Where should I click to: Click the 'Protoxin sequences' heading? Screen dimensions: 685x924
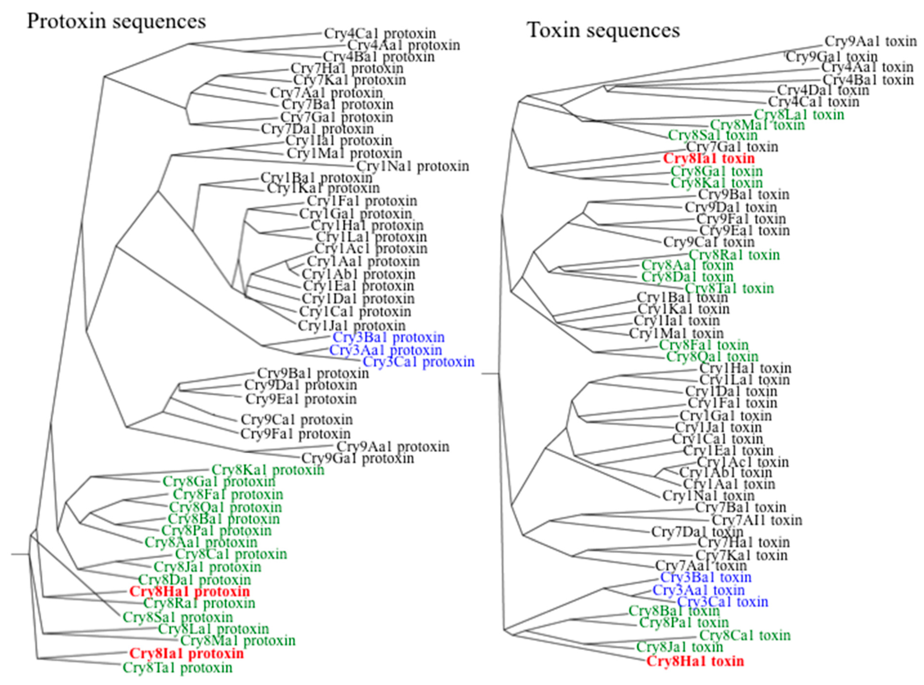[x=116, y=21]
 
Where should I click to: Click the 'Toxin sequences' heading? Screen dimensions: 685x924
[x=603, y=30]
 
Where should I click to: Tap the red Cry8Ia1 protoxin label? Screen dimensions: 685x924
[x=186, y=654]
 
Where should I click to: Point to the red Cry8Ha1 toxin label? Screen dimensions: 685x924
[x=695, y=661]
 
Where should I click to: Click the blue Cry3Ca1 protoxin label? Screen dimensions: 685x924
[x=418, y=362]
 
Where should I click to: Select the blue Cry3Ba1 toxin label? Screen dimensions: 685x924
[x=706, y=577]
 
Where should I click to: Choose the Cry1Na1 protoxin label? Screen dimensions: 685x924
[x=412, y=166]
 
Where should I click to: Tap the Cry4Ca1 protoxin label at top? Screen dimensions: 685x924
[x=380, y=33]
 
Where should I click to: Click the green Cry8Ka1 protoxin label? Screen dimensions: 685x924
[x=268, y=470]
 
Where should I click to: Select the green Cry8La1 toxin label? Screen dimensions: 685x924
[x=799, y=115]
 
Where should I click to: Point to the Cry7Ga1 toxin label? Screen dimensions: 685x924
[x=732, y=146]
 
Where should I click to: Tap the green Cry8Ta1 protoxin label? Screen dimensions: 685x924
[x=177, y=668]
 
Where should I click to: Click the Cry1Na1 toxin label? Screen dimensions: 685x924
[x=708, y=495]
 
